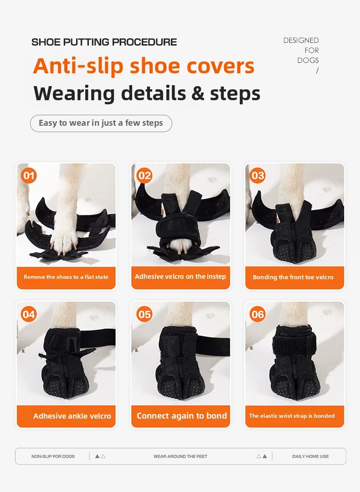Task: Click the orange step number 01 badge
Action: [x=29, y=175]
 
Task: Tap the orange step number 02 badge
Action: [x=144, y=175]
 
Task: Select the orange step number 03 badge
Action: [x=258, y=175]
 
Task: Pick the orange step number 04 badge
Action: [x=29, y=314]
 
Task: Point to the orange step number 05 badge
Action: [x=144, y=314]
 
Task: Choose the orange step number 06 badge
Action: [x=258, y=314]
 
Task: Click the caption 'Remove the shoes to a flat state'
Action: [x=66, y=277]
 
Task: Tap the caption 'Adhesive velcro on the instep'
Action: [x=180, y=277]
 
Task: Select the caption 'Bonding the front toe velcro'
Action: [x=293, y=277]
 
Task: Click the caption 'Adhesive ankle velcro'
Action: [x=72, y=416]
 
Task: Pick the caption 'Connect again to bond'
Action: [x=181, y=415]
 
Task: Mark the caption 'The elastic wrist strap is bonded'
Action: [x=292, y=415]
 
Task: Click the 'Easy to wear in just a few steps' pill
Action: [x=101, y=123]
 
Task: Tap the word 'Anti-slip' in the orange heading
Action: [x=78, y=67]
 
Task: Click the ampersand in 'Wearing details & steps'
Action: [x=198, y=93]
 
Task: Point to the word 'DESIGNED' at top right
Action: [x=301, y=41]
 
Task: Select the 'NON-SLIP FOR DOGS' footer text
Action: [x=53, y=456]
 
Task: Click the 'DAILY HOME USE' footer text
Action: [x=310, y=456]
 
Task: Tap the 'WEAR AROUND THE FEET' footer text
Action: [x=180, y=456]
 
